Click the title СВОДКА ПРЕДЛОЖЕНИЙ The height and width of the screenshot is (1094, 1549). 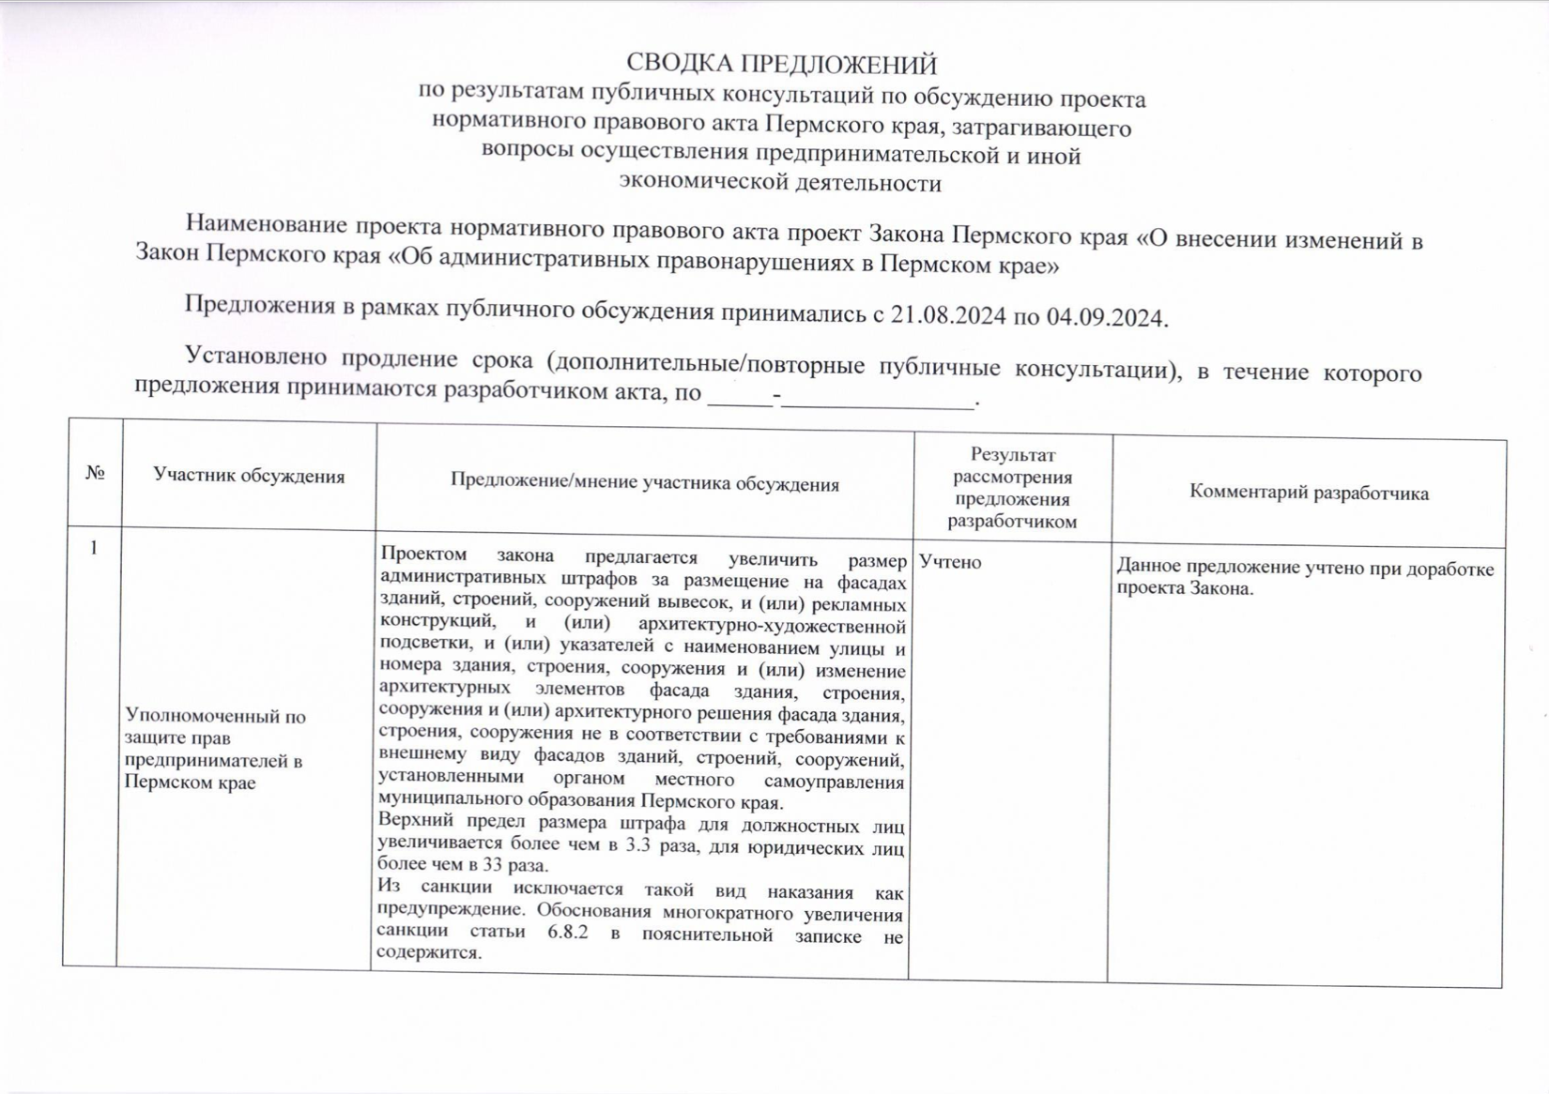tap(781, 64)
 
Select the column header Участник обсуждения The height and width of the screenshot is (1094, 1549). tap(249, 476)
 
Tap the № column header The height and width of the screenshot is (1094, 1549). tap(94, 473)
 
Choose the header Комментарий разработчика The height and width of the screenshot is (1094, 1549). tap(1309, 493)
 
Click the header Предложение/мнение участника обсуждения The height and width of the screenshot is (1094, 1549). tap(644, 483)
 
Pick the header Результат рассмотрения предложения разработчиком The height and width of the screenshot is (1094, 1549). tap(1012, 488)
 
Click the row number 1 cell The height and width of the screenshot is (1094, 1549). tap(93, 548)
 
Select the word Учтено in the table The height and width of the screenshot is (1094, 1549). tap(950, 562)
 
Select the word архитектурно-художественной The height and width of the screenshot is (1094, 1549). tap(772, 626)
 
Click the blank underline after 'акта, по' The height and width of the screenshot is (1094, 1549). tap(878, 400)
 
